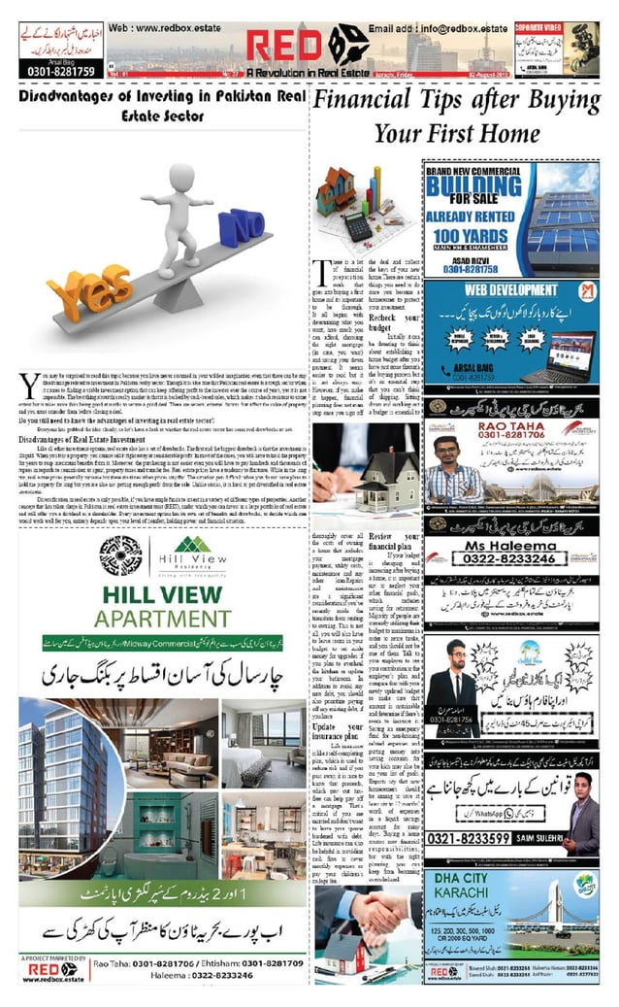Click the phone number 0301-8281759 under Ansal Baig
coord(57,72)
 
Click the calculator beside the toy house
coord(357,226)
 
